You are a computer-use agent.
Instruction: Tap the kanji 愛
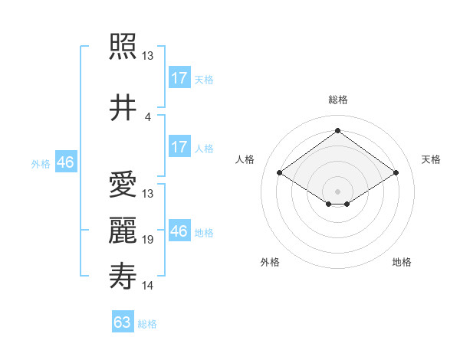pyautogui.click(x=122, y=185)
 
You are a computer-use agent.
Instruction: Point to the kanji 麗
pyautogui.click(x=122, y=231)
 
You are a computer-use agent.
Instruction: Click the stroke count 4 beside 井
pyautogui.click(x=148, y=117)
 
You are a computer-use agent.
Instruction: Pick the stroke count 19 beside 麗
pyautogui.click(x=148, y=240)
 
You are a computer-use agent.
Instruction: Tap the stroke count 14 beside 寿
pyautogui.click(x=148, y=286)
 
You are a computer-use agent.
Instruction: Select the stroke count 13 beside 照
pyautogui.click(x=148, y=56)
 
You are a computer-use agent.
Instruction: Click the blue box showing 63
pyautogui.click(x=123, y=322)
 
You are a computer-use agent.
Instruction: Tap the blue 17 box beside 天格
pyautogui.click(x=179, y=78)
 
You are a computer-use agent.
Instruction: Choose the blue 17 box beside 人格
pyautogui.click(x=179, y=147)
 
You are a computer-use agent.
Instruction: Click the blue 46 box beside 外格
pyautogui.click(x=65, y=162)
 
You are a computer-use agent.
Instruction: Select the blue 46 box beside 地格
pyautogui.click(x=179, y=231)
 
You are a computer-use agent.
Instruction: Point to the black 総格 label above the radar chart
pyautogui.click(x=337, y=100)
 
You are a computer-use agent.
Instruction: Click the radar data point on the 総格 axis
pyautogui.click(x=337, y=132)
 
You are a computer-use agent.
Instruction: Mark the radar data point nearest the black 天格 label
pyautogui.click(x=396, y=173)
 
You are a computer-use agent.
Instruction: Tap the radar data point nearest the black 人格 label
pyautogui.click(x=280, y=173)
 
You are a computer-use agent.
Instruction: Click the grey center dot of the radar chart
pyautogui.click(x=337, y=190)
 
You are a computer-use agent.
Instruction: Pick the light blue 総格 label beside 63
pyautogui.click(x=147, y=324)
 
